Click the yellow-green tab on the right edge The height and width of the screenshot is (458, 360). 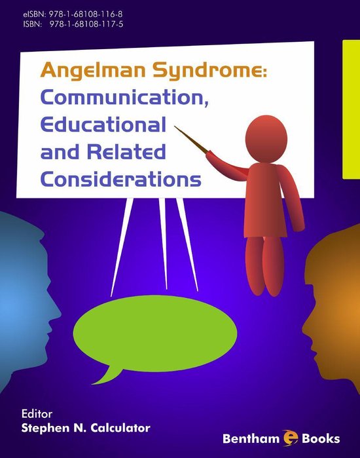pos(351,108)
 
